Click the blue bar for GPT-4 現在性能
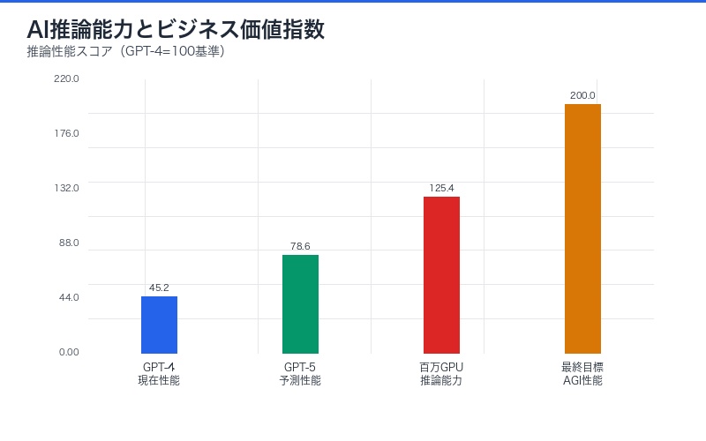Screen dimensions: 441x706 [159, 325]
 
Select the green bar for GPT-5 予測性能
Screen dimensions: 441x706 [300, 304]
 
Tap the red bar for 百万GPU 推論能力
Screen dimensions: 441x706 [441, 274]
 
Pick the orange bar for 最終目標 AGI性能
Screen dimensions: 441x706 [582, 228]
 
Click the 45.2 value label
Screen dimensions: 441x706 [159, 288]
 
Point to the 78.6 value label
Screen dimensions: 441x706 [300, 246]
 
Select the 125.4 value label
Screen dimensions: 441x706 [441, 188]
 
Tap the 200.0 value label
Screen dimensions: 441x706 [582, 95]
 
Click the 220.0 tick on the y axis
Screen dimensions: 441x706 [66, 78]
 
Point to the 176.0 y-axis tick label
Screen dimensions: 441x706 [66, 133]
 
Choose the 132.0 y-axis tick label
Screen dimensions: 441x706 [66, 188]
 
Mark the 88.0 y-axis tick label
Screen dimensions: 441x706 [68, 243]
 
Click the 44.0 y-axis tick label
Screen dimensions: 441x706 [68, 297]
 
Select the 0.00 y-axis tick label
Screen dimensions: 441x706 [69, 352]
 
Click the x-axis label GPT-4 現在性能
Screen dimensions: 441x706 [159, 373]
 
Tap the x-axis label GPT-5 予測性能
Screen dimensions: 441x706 [300, 373]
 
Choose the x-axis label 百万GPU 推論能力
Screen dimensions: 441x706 [441, 373]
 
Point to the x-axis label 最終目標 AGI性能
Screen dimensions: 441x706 [582, 373]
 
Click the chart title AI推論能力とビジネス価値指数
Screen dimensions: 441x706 [176, 29]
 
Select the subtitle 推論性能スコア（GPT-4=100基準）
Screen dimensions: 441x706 [126, 51]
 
